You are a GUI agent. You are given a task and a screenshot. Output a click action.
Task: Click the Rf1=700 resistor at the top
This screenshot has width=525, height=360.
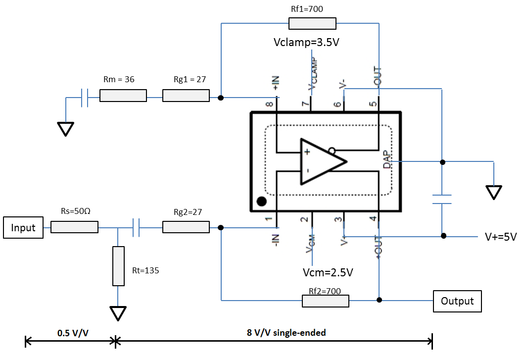click(x=312, y=24)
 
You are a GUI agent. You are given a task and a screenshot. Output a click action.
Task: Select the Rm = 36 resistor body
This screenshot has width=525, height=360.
click(x=123, y=96)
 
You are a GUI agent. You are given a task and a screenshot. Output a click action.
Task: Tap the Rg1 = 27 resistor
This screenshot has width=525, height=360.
click(x=186, y=96)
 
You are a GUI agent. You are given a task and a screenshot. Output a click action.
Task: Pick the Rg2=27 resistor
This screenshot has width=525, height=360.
click(x=186, y=227)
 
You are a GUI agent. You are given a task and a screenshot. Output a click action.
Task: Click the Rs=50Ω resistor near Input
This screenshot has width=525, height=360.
click(x=75, y=227)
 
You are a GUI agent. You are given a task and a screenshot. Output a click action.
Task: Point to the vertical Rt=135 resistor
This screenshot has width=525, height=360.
click(x=118, y=266)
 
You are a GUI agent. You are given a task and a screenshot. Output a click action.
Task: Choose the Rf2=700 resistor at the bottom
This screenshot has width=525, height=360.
click(x=326, y=301)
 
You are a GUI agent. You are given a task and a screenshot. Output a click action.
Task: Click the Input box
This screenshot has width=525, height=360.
click(x=23, y=228)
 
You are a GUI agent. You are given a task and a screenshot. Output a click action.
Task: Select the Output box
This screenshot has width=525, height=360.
click(x=457, y=301)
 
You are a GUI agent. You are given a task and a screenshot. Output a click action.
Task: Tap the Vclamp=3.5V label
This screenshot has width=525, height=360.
click(x=306, y=43)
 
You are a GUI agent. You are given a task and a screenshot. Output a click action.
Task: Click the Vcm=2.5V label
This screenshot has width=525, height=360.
click(x=328, y=272)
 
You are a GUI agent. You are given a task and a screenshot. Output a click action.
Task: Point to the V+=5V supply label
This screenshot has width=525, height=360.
click(x=501, y=237)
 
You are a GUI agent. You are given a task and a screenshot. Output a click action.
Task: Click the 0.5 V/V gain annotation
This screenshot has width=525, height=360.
click(x=72, y=333)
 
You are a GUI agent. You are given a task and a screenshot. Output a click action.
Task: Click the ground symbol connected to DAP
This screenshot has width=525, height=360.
click(x=493, y=192)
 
